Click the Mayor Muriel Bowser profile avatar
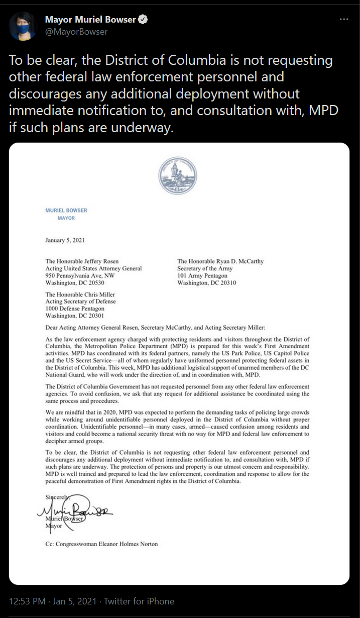pos(23,26)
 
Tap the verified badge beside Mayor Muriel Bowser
pos(143,20)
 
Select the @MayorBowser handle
pos(76,32)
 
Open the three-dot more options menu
pos(344,20)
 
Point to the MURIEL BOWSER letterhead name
pos(66,210)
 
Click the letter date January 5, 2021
pos(65,240)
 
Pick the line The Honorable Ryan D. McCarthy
pos(220,261)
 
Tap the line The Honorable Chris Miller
pos(80,294)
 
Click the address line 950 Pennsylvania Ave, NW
pos(80,276)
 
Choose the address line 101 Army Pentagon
pos(202,276)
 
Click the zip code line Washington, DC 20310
pos(207,283)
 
